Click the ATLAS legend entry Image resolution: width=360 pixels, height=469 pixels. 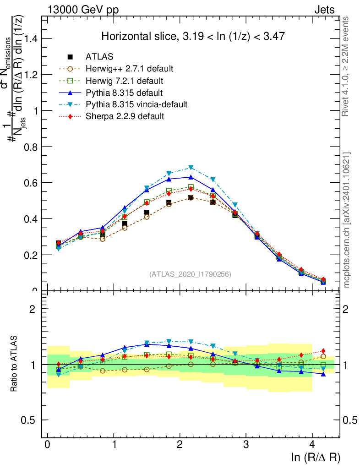(x=99, y=57)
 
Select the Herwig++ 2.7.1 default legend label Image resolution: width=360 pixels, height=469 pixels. (x=129, y=69)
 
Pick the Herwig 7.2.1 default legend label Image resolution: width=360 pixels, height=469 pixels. (x=125, y=81)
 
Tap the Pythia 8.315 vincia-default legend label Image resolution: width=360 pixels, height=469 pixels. (x=136, y=104)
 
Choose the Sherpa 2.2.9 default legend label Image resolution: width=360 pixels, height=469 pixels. (x=125, y=116)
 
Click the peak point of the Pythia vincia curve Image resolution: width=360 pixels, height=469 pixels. (x=191, y=168)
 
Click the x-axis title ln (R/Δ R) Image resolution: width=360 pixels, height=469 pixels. (x=316, y=457)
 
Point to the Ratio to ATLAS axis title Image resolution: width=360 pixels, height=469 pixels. (x=15, y=364)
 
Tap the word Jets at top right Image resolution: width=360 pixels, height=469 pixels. (x=324, y=10)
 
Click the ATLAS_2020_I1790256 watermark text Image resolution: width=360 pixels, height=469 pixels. (x=190, y=274)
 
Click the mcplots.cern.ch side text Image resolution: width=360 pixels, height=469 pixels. (x=347, y=220)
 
